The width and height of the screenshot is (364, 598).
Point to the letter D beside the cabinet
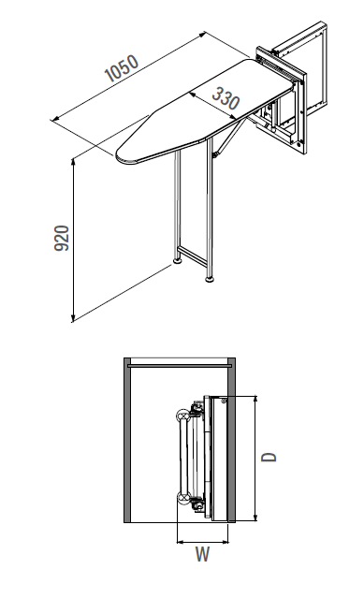coord(269,458)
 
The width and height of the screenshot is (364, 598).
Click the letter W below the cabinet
coord(203,554)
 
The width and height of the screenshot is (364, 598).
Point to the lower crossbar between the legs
coord(192,256)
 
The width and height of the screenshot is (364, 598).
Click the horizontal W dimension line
coord(203,539)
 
